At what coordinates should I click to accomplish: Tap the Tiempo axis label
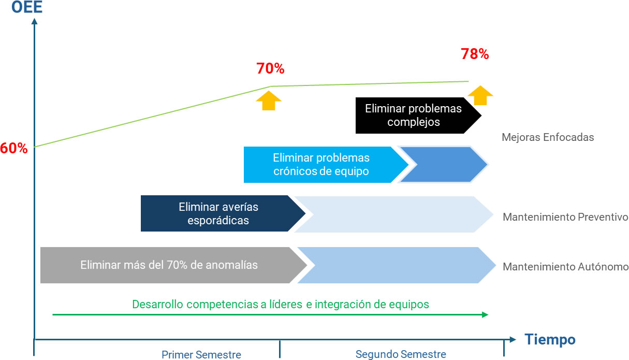point(550,340)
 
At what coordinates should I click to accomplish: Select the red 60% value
point(13,148)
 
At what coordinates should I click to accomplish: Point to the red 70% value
point(270,68)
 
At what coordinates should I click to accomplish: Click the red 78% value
point(475,54)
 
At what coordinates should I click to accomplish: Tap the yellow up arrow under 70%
point(269,100)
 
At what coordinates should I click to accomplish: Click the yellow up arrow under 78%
point(480,95)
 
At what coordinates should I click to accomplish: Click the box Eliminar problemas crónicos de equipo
point(321,165)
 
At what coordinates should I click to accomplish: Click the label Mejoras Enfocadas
point(548,138)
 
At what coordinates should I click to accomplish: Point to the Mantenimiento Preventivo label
point(565,217)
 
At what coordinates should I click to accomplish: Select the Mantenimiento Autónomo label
point(565,267)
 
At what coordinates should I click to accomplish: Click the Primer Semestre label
point(201,355)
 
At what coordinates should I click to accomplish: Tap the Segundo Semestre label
point(401,354)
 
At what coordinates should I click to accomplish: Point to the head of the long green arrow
point(485,314)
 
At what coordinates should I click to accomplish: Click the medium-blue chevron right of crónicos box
point(443,165)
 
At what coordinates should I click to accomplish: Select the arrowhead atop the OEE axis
point(34,21)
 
